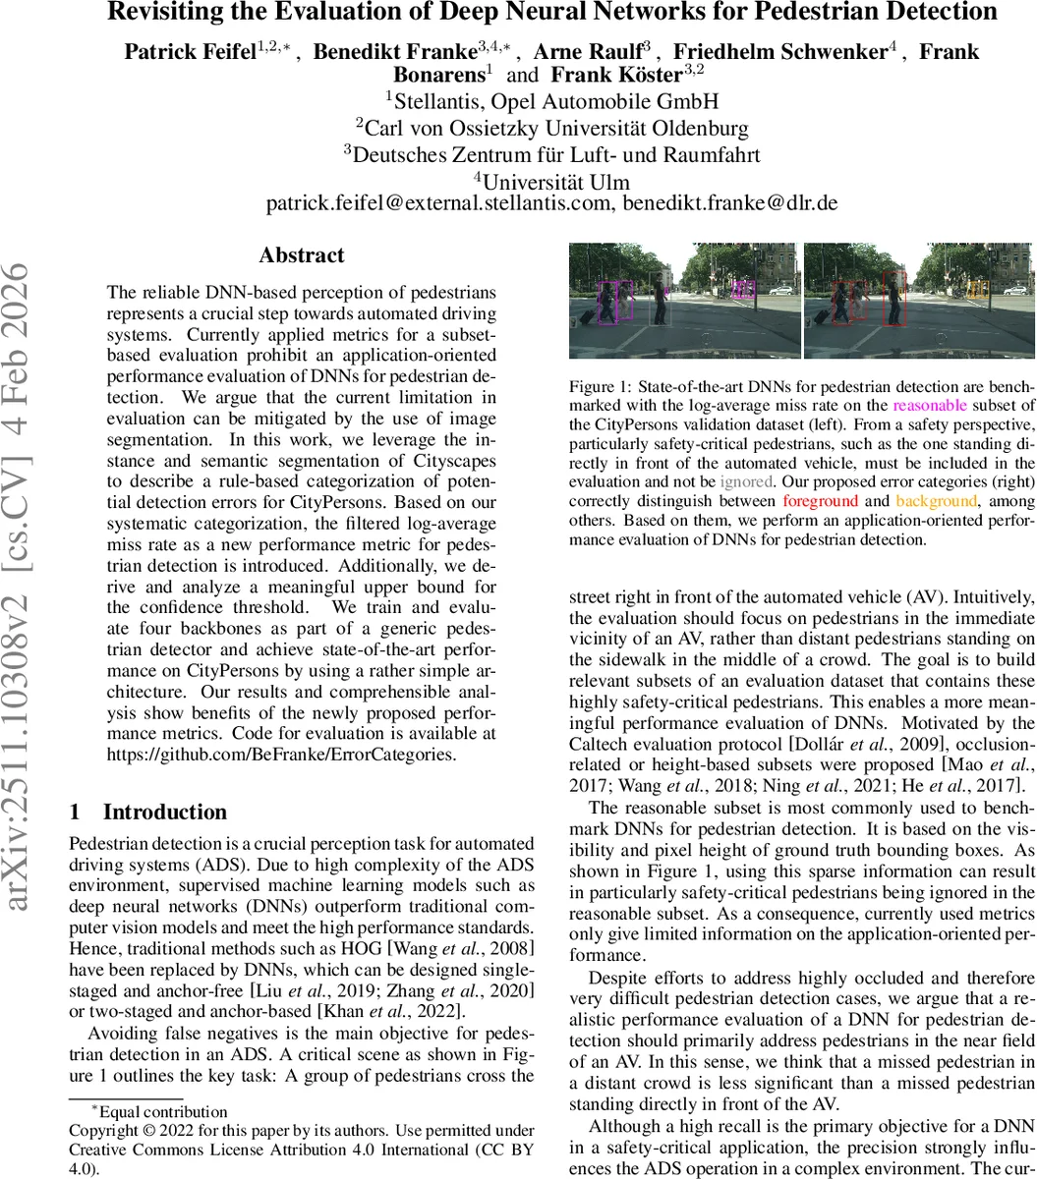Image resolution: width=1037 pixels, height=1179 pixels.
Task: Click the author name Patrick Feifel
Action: (190, 52)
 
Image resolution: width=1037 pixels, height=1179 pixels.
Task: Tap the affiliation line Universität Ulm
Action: (556, 182)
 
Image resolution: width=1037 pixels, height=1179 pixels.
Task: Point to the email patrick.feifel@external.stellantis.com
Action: (438, 204)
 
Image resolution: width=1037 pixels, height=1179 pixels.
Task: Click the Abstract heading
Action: (302, 255)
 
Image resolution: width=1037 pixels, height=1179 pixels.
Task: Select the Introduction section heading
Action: (164, 812)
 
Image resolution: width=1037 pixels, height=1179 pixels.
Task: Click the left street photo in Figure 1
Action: (685, 301)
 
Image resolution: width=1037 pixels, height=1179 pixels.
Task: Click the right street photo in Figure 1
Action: (918, 301)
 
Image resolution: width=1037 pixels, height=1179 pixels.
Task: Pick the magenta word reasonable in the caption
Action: (930, 405)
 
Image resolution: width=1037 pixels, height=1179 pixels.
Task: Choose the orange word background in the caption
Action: (938, 501)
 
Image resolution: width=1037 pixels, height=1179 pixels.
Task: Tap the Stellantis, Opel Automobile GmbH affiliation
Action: (551, 101)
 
